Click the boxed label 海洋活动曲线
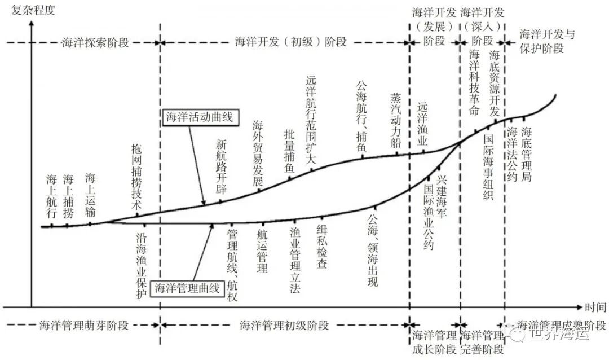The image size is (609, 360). coord(198,117)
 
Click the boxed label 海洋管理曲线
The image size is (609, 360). coord(187,287)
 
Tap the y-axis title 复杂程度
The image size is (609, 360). coord(33,10)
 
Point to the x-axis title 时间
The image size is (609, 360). coord(594,308)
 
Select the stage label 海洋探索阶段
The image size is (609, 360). coord(95,43)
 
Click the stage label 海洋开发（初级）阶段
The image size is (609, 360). coord(291,43)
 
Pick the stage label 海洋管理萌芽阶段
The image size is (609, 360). coord(84,326)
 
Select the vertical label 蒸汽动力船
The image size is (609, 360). coord(395,120)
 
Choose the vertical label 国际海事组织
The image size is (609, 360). coord(488,168)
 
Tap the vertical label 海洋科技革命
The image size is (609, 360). coord(475,82)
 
